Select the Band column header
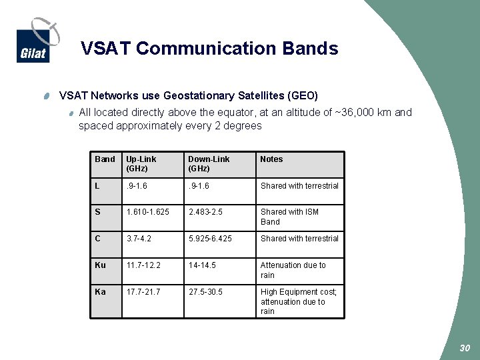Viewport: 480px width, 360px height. coord(105,159)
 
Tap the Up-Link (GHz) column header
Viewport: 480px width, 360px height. coord(141,164)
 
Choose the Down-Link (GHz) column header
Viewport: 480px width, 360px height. coord(209,164)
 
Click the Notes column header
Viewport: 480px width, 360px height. coord(271,159)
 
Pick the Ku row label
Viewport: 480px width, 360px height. coord(100,265)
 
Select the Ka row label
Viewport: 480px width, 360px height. coord(100,292)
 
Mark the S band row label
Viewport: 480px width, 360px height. coord(97,212)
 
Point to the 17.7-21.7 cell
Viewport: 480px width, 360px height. coord(143,292)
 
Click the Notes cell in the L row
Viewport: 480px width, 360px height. coord(299,186)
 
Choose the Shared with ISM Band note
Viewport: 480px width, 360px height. coord(289,217)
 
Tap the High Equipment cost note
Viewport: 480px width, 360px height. coord(298,301)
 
